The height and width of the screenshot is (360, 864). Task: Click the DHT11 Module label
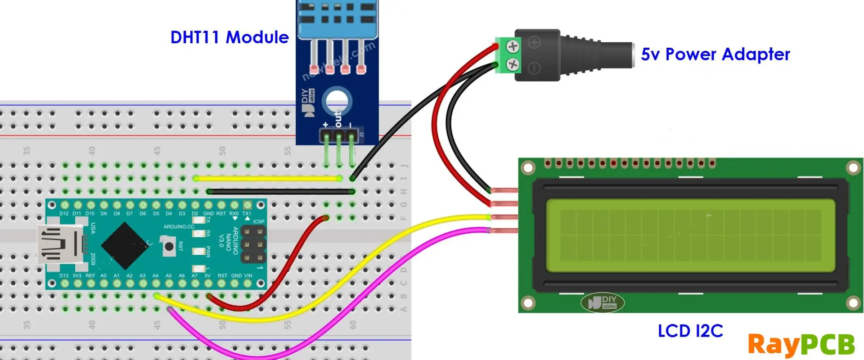click(229, 37)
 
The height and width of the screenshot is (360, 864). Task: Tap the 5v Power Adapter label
click(715, 54)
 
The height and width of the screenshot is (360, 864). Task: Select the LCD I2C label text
click(690, 331)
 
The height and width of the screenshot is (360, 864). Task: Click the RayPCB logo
click(801, 345)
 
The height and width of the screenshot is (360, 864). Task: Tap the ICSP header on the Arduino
click(253, 244)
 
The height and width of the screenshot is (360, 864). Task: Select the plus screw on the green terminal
click(513, 46)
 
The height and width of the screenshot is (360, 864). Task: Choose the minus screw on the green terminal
click(513, 64)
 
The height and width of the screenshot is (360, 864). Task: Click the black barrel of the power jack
click(585, 55)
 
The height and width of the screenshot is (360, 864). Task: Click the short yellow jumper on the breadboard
click(268, 179)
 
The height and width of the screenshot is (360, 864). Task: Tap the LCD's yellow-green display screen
click(691, 235)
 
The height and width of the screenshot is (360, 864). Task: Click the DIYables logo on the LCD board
click(603, 302)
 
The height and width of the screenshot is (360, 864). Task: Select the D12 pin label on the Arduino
click(64, 213)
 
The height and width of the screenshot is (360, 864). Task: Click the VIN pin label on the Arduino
click(248, 275)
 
